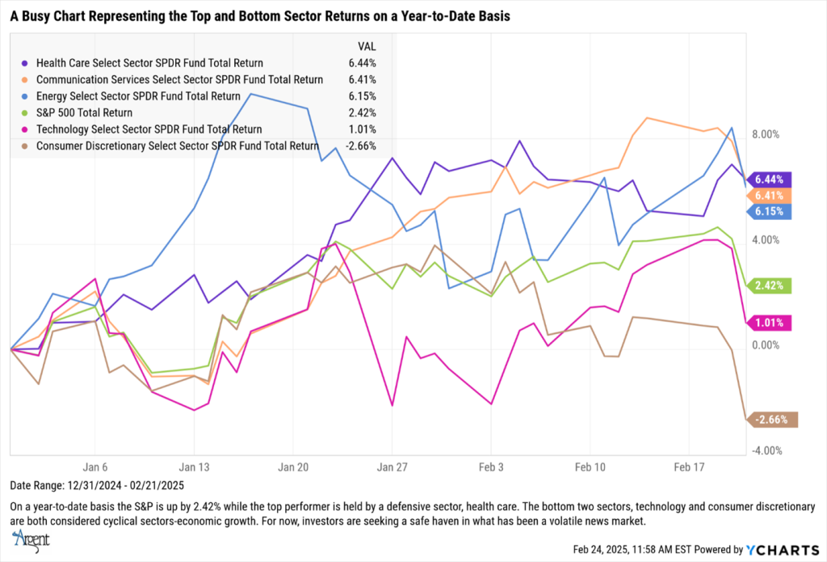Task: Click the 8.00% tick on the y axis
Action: coord(768,134)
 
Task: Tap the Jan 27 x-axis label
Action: coord(392,467)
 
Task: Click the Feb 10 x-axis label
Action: coord(590,467)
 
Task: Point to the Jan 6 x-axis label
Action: coord(95,467)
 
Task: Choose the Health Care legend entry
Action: coord(149,62)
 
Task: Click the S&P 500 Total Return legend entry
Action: coord(84,112)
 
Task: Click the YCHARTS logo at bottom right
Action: coord(776,549)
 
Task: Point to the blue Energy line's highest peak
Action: coord(250,94)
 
